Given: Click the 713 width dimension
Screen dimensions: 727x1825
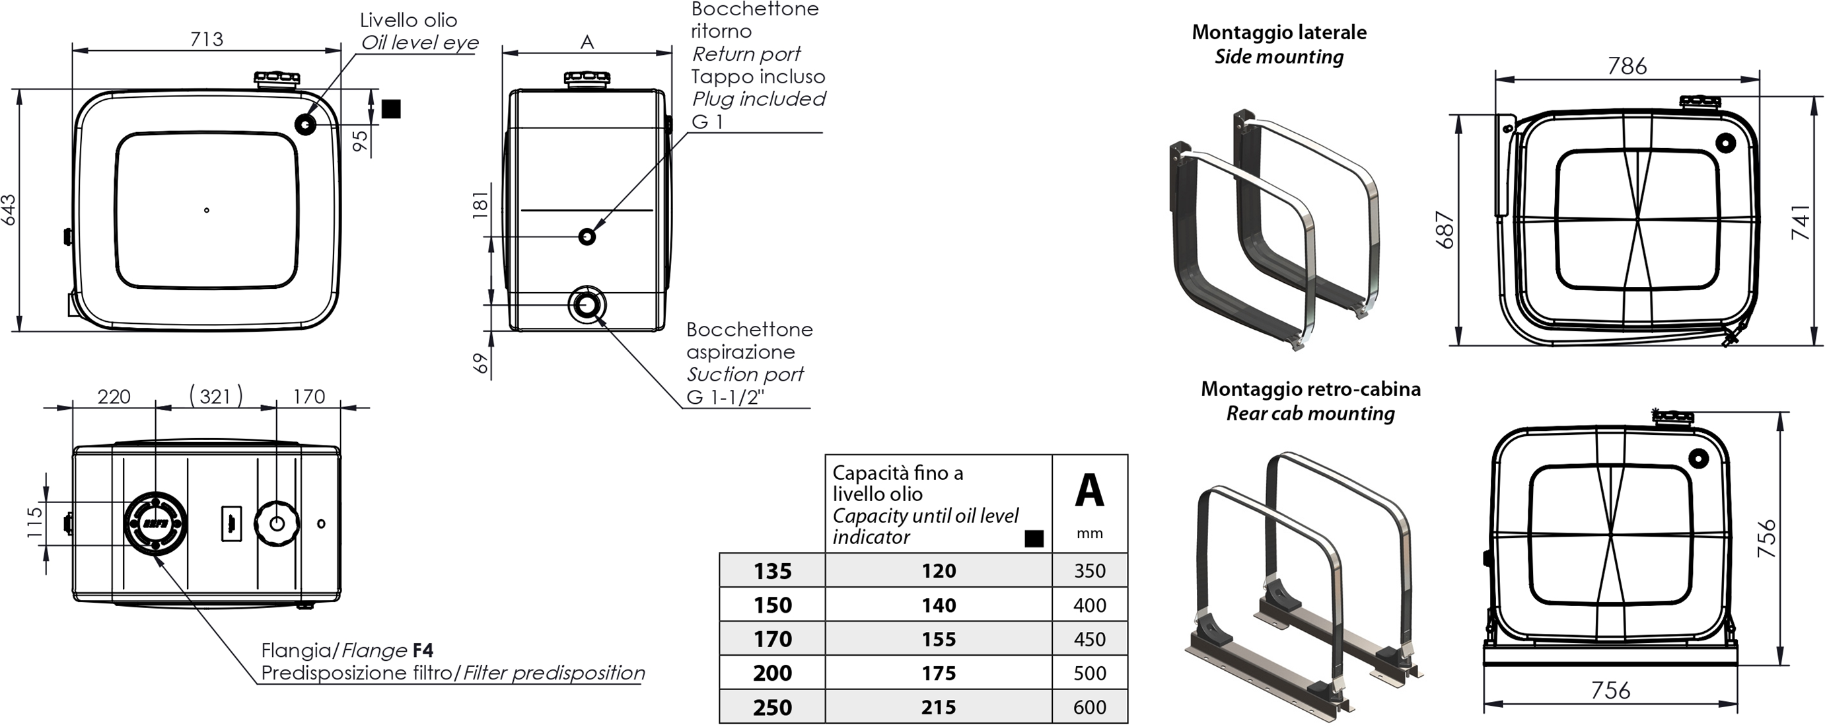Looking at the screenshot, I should pos(206,39).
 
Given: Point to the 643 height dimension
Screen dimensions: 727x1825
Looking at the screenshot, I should pos(9,210).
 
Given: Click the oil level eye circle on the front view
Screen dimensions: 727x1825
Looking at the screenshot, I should pos(305,124).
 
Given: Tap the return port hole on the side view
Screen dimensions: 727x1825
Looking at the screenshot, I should pos(587,236).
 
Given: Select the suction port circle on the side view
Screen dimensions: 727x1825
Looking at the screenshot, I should pos(587,305).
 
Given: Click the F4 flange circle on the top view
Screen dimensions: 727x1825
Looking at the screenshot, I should pos(156,523).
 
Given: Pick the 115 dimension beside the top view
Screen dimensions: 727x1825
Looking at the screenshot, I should pos(34,522).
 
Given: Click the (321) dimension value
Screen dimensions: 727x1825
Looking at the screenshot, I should pos(216,395).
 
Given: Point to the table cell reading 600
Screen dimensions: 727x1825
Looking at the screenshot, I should pos(1089,707).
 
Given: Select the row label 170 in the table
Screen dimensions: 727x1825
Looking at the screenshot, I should pos(772,639).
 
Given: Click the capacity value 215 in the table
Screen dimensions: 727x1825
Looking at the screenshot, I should pos(938,707).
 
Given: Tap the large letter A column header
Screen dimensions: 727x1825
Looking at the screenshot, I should pos(1089,490).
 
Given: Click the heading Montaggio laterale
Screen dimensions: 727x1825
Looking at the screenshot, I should pos(1279,32).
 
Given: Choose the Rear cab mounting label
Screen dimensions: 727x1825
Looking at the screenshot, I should pos(1310,413).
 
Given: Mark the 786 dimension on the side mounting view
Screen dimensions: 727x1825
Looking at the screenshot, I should pos(1627,66).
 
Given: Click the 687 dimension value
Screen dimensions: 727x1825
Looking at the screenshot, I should pos(1445,229).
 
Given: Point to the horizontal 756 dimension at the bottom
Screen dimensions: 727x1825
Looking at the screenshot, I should pos(1610,689).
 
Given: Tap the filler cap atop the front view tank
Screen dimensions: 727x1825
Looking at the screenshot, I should pos(277,79).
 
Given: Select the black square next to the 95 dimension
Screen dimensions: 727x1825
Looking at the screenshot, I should pos(391,108).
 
